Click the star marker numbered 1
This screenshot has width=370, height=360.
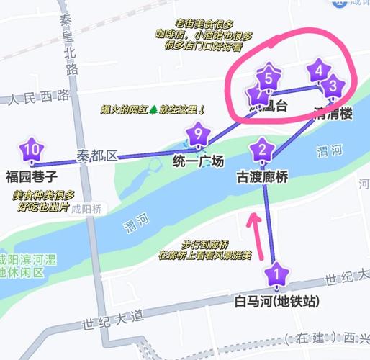274,274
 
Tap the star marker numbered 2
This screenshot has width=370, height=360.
261,151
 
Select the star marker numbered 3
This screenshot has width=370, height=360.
333,86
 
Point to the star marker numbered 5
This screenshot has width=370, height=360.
269,74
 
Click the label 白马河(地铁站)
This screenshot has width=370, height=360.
276,300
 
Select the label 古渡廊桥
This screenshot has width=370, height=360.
263,176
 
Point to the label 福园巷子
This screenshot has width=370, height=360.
31,176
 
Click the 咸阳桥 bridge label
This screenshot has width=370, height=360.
89,209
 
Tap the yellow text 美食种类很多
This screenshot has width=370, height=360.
44,195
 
